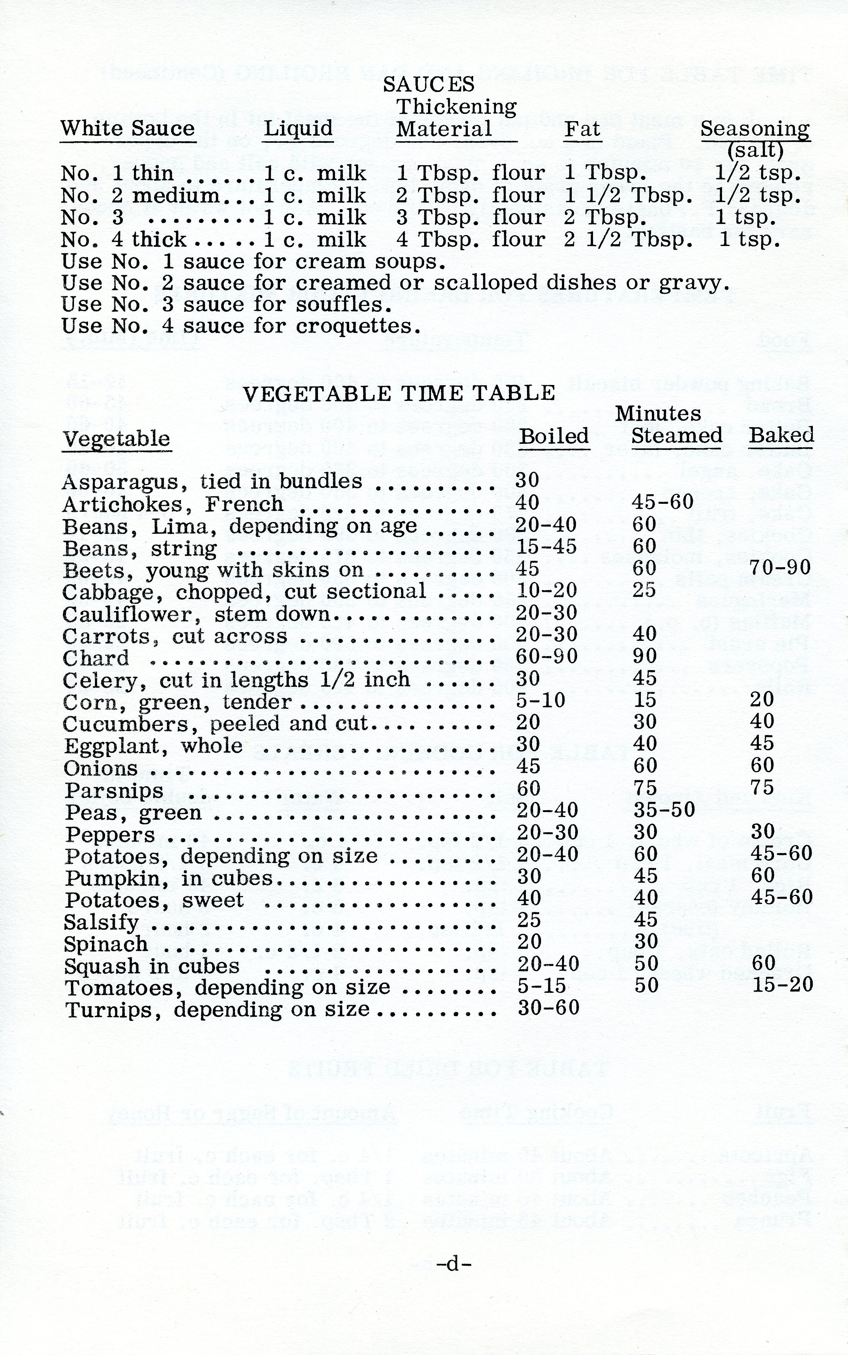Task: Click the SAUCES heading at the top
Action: coord(428,84)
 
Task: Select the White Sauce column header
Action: coord(127,128)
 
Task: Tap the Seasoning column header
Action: coord(755,128)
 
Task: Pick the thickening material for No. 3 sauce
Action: coord(470,217)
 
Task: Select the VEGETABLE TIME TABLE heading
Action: coord(399,393)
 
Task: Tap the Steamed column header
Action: coord(677,436)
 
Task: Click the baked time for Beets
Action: coord(780,568)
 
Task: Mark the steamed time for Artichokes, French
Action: coord(662,502)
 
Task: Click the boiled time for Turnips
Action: coord(548,1008)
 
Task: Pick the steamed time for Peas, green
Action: coord(664,810)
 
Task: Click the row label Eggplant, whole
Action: coord(153,746)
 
